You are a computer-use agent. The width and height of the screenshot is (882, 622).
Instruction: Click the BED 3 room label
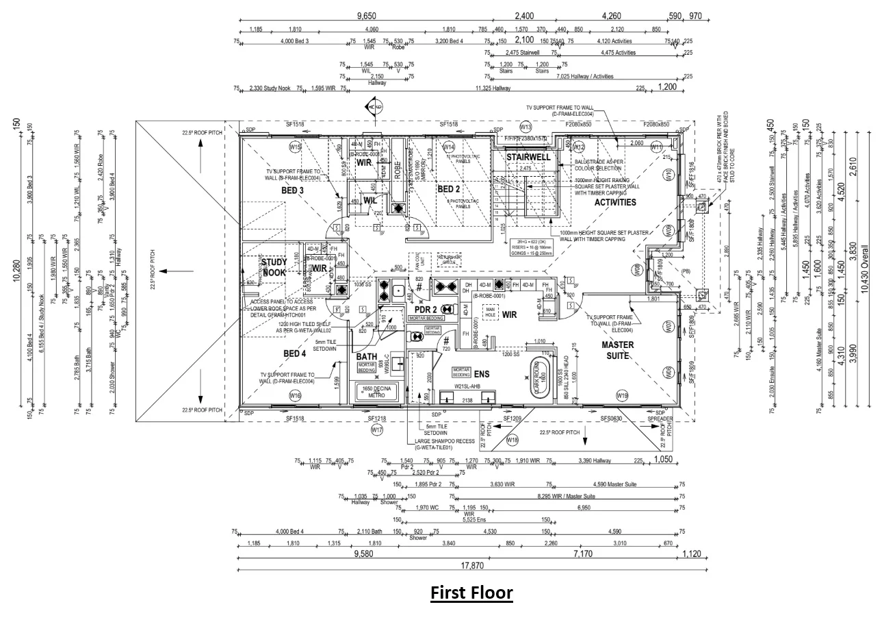pos(292,190)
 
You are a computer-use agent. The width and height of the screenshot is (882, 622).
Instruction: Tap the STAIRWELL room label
pos(528,157)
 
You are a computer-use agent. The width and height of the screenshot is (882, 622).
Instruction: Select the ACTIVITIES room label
pos(614,202)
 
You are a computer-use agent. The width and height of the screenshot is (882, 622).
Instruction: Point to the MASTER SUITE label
pos(617,349)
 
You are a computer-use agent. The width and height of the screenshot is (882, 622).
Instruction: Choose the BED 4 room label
pos(294,353)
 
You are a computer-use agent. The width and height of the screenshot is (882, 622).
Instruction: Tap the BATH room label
pos(366,357)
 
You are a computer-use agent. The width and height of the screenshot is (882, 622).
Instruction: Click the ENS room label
pos(482,374)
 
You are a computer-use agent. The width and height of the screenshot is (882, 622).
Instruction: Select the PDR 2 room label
pos(426,309)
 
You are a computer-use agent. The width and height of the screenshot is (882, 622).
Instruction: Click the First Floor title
pos(471,592)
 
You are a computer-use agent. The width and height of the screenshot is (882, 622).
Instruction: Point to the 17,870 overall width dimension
pos(472,565)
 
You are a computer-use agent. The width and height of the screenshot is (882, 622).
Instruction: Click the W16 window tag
pos(295,395)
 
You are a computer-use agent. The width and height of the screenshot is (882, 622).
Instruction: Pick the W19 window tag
pos(622,395)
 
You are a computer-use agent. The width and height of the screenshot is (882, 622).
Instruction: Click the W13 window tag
pos(525,127)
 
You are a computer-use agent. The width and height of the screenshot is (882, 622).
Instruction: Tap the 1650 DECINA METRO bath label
pos(377,393)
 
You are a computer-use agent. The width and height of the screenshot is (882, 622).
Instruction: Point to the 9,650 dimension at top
pos(367,16)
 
